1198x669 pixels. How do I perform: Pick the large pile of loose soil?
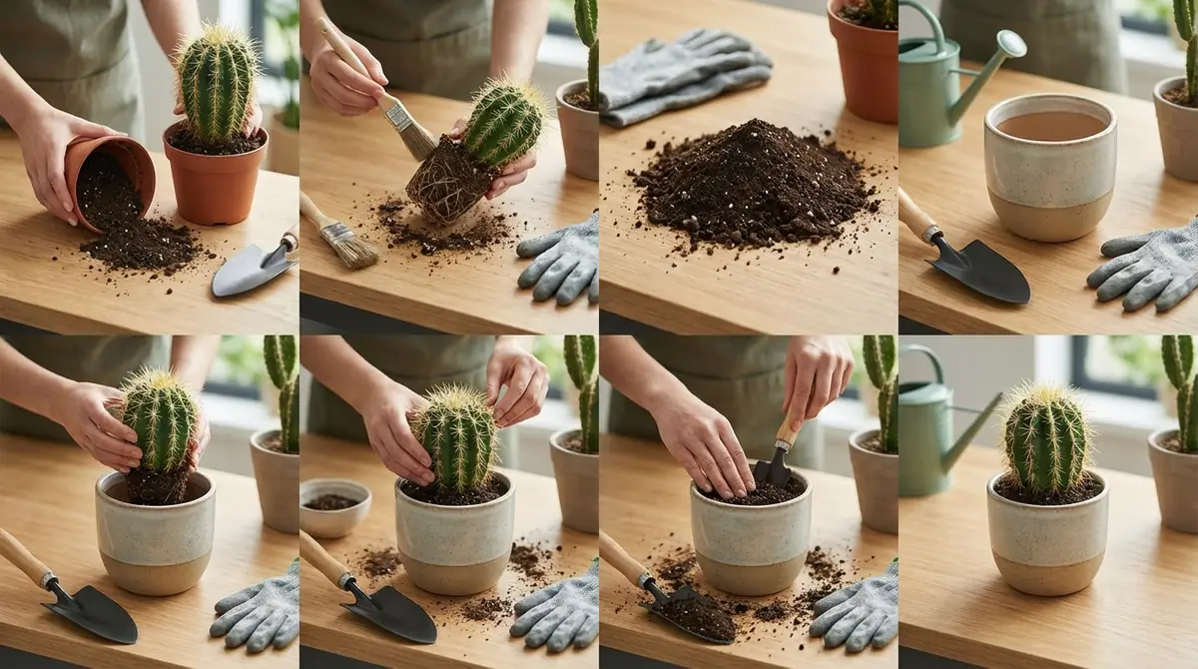pos(754,186)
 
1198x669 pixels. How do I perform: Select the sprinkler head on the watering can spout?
pos(1009,44)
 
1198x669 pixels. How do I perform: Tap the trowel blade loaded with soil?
pos(694,614)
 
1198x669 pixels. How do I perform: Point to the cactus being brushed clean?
pos(504,125)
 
